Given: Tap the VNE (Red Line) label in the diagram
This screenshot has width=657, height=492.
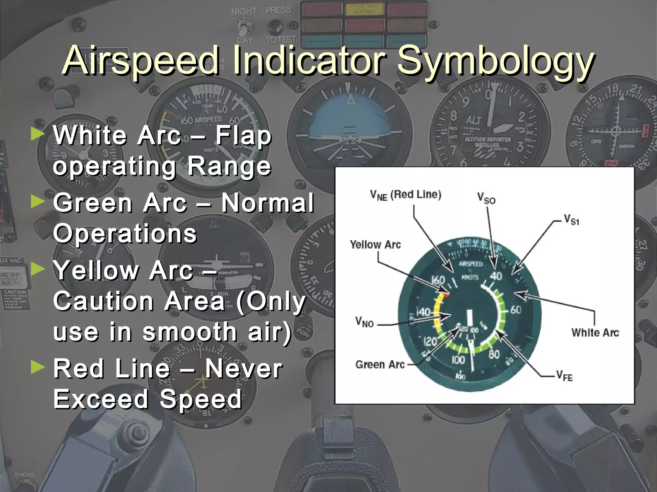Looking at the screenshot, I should (405, 195).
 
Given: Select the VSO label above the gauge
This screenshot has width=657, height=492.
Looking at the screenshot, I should (486, 198).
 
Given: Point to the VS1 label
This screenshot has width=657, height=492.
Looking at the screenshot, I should (572, 220).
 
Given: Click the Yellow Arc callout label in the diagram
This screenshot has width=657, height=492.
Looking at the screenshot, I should (375, 245).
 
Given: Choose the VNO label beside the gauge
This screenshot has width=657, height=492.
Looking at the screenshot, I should (364, 321).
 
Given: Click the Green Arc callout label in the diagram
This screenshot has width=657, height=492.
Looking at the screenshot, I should (380, 365).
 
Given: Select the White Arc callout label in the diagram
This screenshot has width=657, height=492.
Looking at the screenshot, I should (595, 332).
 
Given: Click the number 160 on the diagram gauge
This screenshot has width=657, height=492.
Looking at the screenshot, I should (438, 281).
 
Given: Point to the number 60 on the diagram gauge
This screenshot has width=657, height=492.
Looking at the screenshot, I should (516, 310).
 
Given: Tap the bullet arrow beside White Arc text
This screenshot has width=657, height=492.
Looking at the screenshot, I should (38, 135).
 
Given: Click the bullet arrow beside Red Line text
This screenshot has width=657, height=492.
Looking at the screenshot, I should (38, 368).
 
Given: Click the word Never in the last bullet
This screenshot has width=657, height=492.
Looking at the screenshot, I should (244, 369).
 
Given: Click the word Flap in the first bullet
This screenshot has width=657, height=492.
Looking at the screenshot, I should (243, 135).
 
